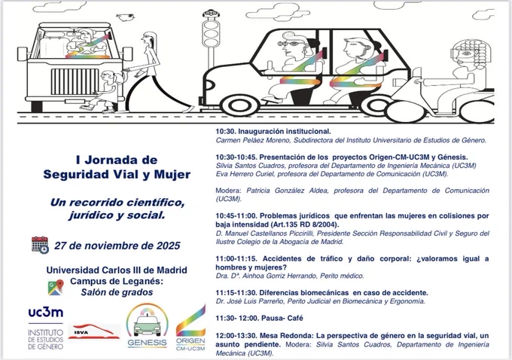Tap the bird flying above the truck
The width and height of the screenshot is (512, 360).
pos(126,17)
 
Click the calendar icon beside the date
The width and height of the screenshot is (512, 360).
pos(40,245)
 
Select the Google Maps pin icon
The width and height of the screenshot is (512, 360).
pos(56,288)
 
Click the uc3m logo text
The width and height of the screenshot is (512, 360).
pos(46,313)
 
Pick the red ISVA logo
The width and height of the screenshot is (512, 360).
pos(94,331)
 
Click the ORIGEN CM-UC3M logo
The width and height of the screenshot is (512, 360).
pos(190,328)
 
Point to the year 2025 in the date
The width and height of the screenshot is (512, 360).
pos(168,246)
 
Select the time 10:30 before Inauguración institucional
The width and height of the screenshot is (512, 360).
pos(225,132)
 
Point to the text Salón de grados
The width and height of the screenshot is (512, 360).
pos(117,292)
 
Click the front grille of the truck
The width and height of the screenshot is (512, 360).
pos(75,81)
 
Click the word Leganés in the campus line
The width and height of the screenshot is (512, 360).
pos(145,281)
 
